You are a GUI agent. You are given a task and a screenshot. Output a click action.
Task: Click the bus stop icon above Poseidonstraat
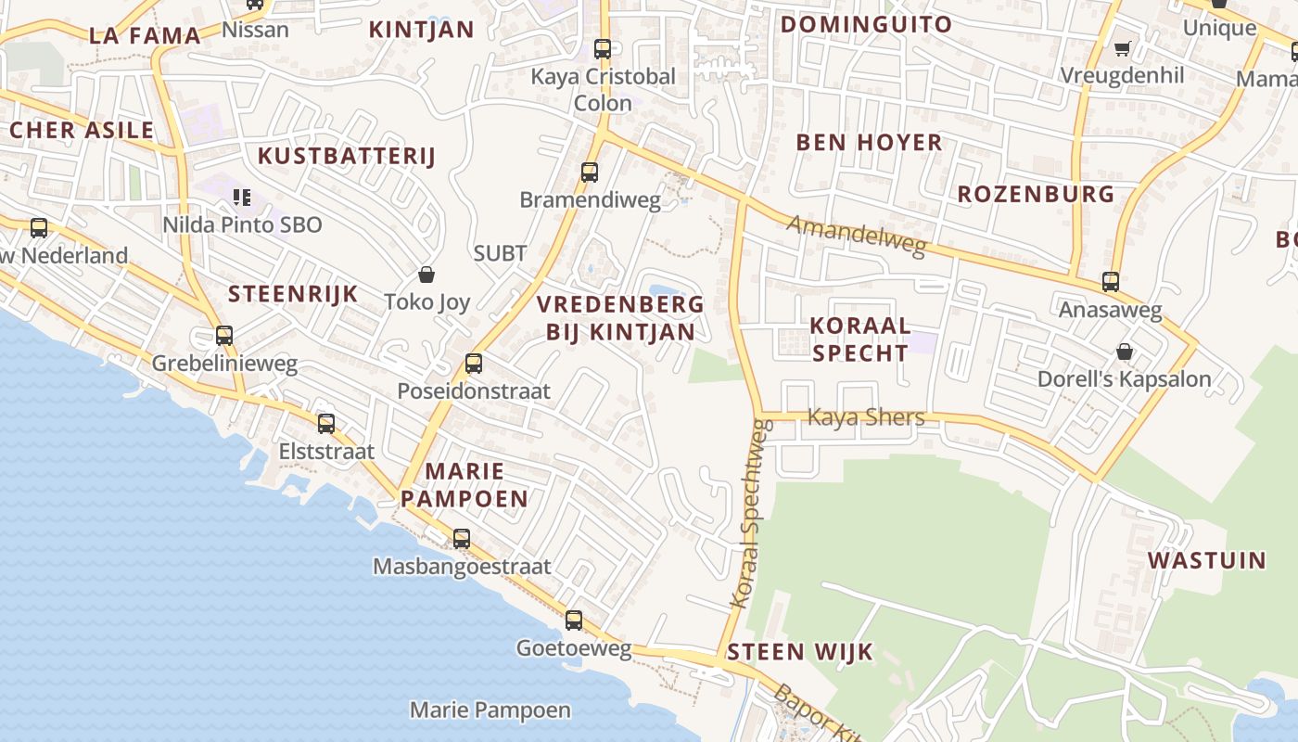[474, 364]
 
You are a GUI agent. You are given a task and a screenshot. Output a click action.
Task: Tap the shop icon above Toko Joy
[426, 275]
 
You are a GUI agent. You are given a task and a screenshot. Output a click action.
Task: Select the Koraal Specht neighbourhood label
[859, 339]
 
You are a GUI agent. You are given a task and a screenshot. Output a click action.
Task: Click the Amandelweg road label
[857, 236]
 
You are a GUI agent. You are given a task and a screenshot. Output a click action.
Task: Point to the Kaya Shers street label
[866, 417]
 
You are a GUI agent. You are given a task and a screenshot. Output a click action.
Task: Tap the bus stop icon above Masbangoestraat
[461, 538]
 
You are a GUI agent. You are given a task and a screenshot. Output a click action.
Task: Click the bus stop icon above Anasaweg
[1110, 282]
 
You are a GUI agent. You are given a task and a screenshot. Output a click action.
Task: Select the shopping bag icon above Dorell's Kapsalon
[1124, 352]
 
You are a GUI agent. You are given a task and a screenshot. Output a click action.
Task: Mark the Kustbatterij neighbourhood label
[346, 156]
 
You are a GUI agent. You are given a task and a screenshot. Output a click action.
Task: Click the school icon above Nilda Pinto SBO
[242, 197]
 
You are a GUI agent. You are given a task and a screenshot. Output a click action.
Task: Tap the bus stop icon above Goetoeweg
[574, 620]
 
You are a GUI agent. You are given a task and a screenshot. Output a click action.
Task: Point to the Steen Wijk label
[800, 652]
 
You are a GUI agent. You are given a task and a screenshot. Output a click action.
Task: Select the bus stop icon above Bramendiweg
[590, 173]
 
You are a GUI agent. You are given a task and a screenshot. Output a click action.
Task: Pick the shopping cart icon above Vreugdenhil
[1122, 48]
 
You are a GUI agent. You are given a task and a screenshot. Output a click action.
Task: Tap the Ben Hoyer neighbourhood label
[869, 143]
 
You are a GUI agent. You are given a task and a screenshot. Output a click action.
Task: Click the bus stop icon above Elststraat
[326, 424]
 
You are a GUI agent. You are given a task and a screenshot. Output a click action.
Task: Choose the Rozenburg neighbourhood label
[1036, 195]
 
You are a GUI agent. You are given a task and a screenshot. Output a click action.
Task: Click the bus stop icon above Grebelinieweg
[224, 336]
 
